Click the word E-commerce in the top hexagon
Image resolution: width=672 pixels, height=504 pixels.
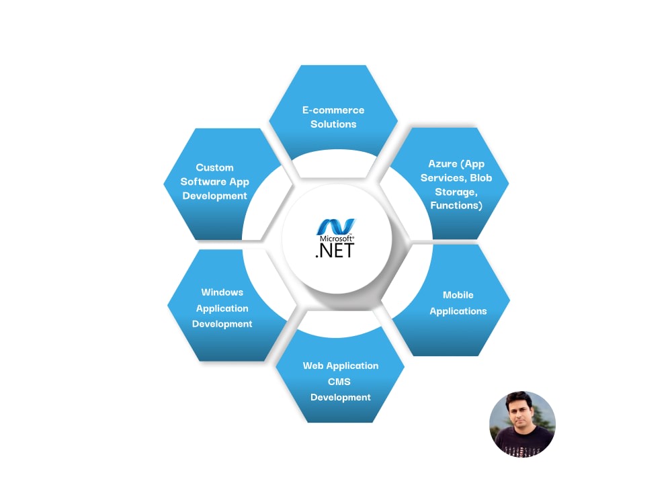tap(333, 110)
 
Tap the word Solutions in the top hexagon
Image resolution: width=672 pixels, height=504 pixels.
tap(333, 124)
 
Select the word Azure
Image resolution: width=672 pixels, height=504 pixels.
tap(443, 163)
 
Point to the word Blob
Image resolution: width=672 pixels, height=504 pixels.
tap(481, 177)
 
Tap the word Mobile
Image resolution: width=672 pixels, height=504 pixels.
tap(458, 295)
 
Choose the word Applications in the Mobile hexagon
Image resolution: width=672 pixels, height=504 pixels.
tap(458, 311)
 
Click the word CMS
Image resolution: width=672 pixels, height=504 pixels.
tap(339, 382)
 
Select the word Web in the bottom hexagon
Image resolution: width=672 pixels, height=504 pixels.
tap(313, 366)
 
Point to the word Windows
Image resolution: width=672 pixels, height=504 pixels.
tap(222, 292)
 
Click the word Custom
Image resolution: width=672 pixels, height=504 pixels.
tap(215, 167)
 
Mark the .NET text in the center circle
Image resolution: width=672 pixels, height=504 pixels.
tap(335, 251)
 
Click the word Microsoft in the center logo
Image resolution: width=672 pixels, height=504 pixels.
tap(337, 239)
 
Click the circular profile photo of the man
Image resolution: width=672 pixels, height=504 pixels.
tap(522, 424)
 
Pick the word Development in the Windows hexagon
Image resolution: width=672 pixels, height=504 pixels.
tap(222, 324)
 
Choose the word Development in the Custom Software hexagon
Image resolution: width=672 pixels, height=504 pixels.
tap(215, 196)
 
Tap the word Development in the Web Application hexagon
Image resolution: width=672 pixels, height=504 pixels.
tap(341, 397)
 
